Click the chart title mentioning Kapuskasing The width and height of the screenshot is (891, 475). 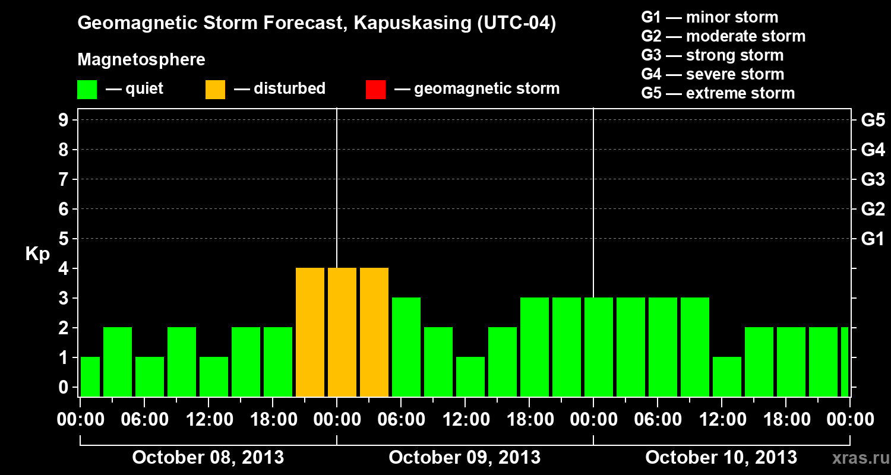click(x=317, y=24)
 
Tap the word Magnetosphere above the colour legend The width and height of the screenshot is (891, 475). click(x=141, y=60)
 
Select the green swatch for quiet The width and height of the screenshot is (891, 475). click(x=87, y=90)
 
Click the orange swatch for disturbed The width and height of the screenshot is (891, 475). click(x=215, y=90)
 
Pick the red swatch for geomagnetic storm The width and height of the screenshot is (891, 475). click(x=375, y=90)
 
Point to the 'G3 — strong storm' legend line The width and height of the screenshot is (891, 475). click(x=712, y=55)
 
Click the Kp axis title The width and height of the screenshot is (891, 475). click(x=37, y=254)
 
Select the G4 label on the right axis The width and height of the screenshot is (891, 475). click(x=873, y=150)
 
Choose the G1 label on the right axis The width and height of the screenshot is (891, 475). click(x=873, y=239)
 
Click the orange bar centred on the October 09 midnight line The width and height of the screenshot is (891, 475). click(x=342, y=332)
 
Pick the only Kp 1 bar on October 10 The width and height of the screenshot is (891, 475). click(x=727, y=376)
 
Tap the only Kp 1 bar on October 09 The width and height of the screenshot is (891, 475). click(x=470, y=376)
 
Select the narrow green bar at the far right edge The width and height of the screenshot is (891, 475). click(x=845, y=362)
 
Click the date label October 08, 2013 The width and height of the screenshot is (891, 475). click(x=208, y=458)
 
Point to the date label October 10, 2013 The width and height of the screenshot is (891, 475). click(x=721, y=458)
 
